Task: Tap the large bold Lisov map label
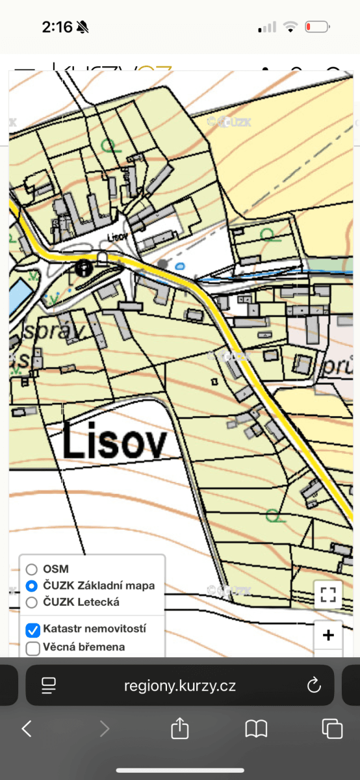114,443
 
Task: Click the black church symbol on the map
83,268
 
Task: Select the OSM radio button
32,569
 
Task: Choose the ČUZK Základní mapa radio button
32,586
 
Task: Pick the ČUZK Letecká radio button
32,603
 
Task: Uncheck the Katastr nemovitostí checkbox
32,629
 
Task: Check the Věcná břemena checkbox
32,647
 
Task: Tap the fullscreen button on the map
328,594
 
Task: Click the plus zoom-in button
328,635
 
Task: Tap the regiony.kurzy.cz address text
180,685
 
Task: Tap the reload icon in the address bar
314,685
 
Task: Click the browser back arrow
27,729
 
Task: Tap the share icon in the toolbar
179,728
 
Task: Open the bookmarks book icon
256,729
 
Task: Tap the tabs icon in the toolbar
332,729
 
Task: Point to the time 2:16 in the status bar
57,27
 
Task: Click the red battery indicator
318,27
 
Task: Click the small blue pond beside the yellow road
180,266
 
